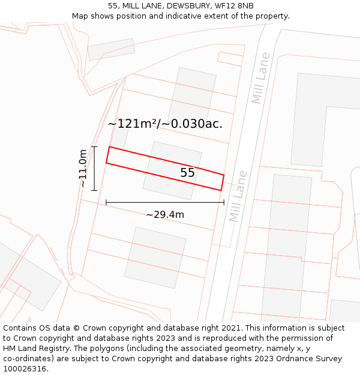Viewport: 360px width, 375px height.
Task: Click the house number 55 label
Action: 188,173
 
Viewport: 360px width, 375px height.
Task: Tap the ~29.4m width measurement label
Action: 165,214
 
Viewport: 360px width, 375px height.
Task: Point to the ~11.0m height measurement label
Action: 83,169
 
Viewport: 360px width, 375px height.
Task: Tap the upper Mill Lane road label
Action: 261,78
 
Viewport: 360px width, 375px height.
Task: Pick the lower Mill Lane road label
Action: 238,196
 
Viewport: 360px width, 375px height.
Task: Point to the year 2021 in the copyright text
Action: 232,328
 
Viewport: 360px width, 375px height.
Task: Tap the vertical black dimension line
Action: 94,169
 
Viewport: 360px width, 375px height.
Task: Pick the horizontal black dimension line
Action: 165,203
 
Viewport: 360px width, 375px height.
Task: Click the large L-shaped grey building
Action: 324,120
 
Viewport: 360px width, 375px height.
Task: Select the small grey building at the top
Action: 111,50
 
